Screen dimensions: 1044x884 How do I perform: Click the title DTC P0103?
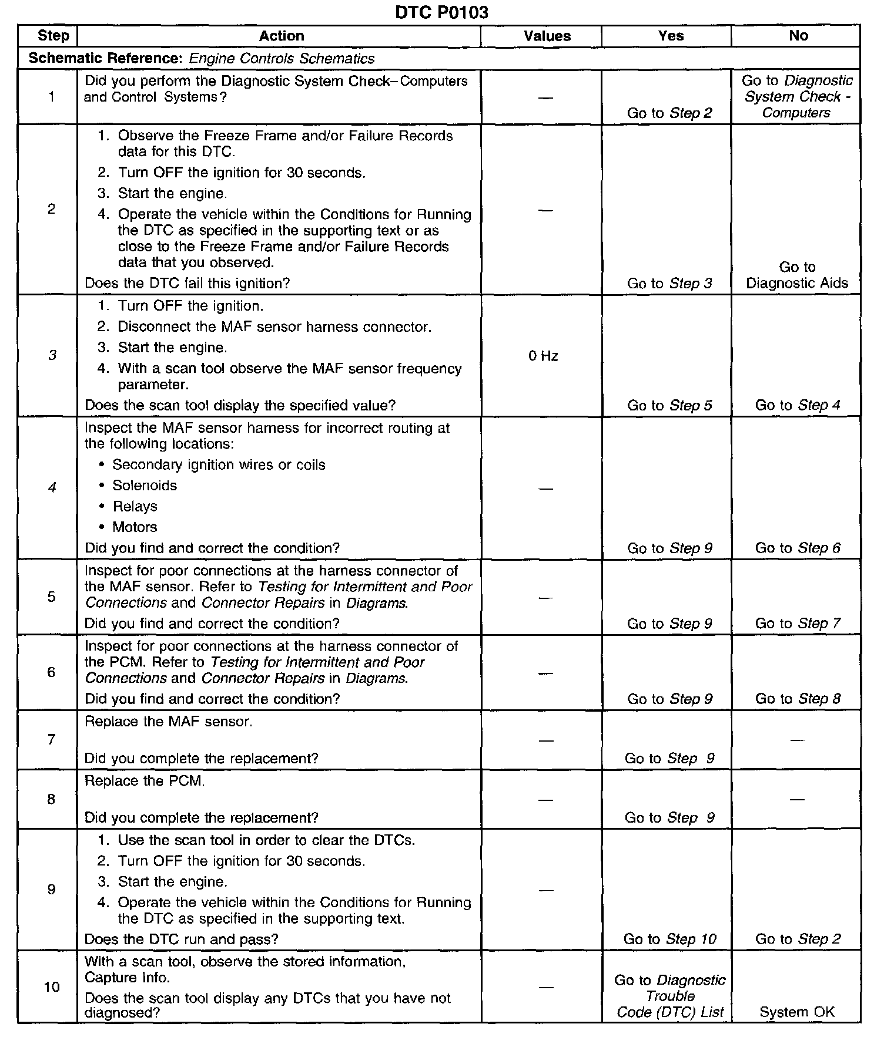(441, 12)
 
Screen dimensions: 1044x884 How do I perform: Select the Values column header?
(547, 36)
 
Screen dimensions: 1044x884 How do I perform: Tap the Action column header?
(282, 36)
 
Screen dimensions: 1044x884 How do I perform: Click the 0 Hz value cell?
(543, 356)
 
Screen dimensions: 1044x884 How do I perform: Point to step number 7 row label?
(51, 739)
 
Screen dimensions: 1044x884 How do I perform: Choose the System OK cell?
(796, 1012)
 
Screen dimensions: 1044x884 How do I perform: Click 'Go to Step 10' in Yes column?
(669, 939)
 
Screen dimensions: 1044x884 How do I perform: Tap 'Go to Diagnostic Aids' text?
(797, 275)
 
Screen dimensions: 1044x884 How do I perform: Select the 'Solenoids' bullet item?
(144, 486)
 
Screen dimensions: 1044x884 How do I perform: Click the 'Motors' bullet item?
(135, 527)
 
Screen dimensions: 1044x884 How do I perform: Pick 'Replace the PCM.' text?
(145, 781)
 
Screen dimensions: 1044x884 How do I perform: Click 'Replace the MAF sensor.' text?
(169, 722)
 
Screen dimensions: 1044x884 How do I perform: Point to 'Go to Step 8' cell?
(798, 699)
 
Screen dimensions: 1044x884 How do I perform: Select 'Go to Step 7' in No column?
(798, 624)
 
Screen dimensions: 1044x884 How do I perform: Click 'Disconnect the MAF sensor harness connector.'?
(274, 327)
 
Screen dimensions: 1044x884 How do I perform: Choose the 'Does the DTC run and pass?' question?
(181, 939)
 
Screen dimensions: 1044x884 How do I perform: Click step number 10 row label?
(52, 986)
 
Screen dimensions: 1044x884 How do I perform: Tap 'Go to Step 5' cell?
(669, 405)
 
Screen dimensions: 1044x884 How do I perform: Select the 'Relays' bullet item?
(135, 506)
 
